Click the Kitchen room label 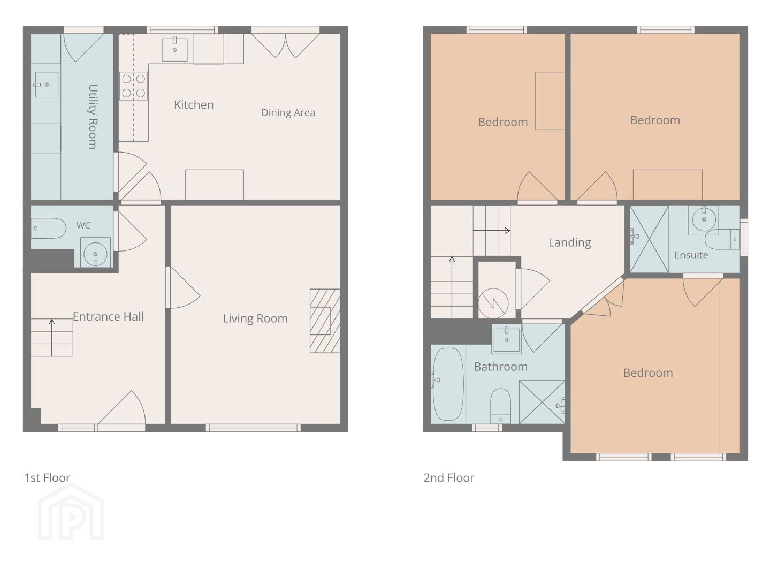point(194,105)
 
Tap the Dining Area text point(288,112)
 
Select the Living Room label point(255,318)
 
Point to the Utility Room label point(92,117)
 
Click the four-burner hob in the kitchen point(133,86)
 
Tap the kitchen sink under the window point(174,49)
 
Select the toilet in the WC point(49,229)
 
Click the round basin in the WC point(95,253)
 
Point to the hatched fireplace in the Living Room point(325,321)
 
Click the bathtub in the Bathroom point(448,384)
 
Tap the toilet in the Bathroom point(500,406)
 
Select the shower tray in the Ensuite point(649,239)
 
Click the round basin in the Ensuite point(704,219)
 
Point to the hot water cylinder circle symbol point(493,303)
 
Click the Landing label point(570,242)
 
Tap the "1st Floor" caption point(48,478)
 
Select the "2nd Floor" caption point(448,478)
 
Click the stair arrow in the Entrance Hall point(52,338)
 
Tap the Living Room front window point(253,428)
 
